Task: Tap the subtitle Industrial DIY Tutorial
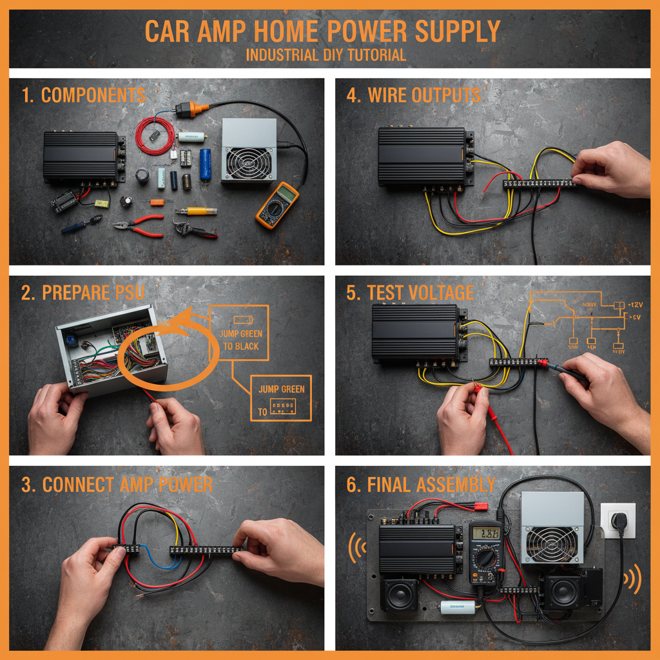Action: click(x=326, y=55)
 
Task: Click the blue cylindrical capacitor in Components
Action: click(x=205, y=164)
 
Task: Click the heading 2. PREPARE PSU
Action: click(x=83, y=293)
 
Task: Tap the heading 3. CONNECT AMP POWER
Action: click(x=117, y=485)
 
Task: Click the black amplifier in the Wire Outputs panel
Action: click(x=423, y=155)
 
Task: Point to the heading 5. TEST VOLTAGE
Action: click(x=410, y=293)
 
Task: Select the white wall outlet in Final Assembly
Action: click(x=617, y=521)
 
